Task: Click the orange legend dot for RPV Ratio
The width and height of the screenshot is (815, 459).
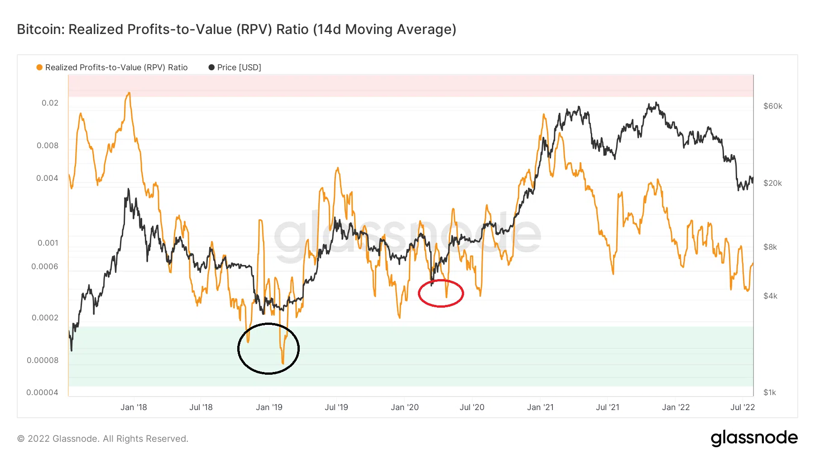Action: (x=39, y=68)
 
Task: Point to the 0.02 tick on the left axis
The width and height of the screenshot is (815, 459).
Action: (x=50, y=103)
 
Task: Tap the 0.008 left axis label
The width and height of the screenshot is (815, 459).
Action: (x=48, y=145)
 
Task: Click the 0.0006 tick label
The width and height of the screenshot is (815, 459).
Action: (x=45, y=266)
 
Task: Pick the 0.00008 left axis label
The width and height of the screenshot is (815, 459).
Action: (x=43, y=360)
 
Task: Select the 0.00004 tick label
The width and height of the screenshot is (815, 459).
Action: (x=43, y=392)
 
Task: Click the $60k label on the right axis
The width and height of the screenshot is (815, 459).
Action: (x=772, y=106)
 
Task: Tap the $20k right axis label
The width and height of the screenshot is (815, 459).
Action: (x=772, y=183)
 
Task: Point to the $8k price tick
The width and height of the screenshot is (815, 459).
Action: (x=770, y=247)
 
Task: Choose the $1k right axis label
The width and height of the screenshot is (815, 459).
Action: (x=769, y=392)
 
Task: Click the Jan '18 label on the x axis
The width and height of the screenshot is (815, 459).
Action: (x=134, y=407)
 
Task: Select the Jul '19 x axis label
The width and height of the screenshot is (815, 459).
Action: (x=336, y=407)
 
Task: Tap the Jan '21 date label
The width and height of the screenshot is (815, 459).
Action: (x=540, y=407)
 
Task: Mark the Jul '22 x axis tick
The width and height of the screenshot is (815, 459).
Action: (x=743, y=407)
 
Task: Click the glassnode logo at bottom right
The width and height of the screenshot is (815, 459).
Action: (x=754, y=438)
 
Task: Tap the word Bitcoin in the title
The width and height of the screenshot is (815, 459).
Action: (x=41, y=29)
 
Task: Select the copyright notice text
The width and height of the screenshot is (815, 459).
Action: (x=102, y=439)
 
